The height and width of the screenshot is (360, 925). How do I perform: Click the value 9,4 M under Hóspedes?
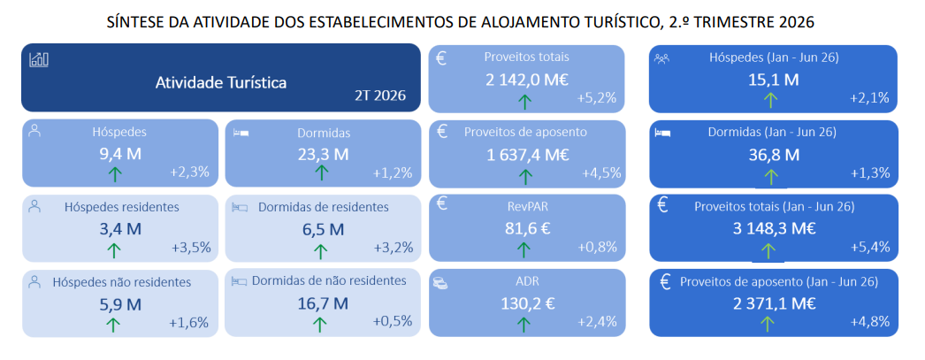coord(120,155)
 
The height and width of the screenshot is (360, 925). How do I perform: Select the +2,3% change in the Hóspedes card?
coord(190,172)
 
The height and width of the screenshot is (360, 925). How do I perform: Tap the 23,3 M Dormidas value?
coord(323,155)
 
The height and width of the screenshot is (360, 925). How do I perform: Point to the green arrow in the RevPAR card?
coord(524,249)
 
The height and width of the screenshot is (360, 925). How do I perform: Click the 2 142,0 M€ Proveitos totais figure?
coord(527,80)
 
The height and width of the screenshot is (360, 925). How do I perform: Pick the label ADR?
coord(527,281)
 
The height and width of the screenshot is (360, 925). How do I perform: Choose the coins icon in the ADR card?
coord(440,283)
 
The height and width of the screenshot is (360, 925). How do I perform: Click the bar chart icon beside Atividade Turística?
coord(39,59)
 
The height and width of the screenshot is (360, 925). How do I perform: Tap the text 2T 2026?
coord(380,96)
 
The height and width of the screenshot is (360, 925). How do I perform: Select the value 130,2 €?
coord(528,303)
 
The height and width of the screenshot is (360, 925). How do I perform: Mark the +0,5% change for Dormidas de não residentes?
coord(393,322)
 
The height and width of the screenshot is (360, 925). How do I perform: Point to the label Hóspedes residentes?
coord(121,207)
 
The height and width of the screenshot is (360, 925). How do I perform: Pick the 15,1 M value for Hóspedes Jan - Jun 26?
coord(774,80)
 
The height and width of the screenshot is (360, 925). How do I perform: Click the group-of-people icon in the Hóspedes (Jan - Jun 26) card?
coord(661,58)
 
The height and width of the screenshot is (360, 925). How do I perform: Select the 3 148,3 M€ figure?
coord(775,228)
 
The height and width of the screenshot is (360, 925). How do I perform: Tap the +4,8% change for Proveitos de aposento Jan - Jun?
coord(869,322)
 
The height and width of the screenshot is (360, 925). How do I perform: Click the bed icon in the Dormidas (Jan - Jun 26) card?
coord(662,133)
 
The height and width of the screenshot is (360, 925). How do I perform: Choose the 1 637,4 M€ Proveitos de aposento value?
coord(527,155)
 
